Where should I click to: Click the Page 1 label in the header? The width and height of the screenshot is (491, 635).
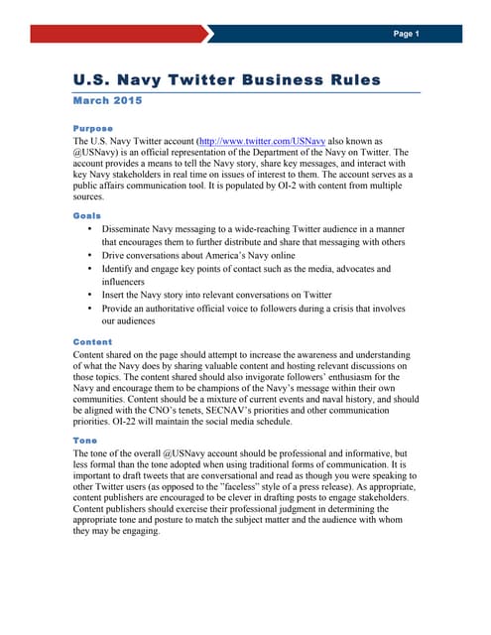(x=406, y=34)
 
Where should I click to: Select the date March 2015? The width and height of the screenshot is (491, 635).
(x=108, y=100)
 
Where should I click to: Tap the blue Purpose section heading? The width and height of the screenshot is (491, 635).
(x=93, y=128)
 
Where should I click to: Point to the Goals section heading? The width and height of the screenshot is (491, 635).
(x=87, y=214)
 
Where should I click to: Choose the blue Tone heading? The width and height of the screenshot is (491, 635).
(x=84, y=440)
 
